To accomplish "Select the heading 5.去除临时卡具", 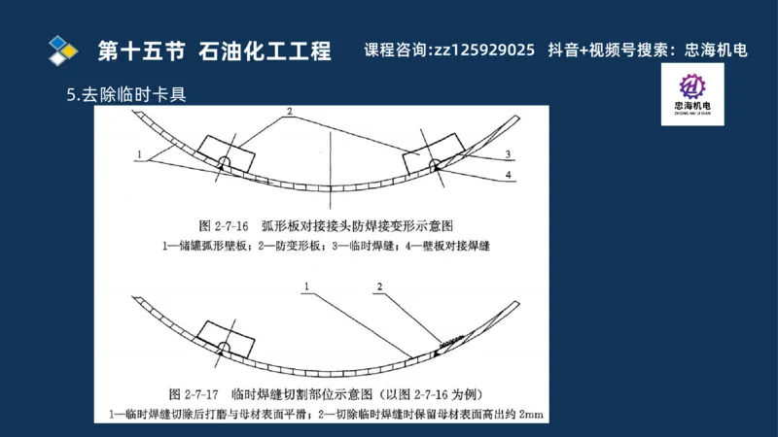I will (125, 95).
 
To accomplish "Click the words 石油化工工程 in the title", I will (265, 50).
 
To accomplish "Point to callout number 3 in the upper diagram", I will (508, 154).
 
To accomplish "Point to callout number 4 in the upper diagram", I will (508, 174).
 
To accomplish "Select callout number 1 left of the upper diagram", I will (142, 154).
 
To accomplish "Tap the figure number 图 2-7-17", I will (197, 395).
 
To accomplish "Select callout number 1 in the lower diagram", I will (305, 286).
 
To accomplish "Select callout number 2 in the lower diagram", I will (380, 286).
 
